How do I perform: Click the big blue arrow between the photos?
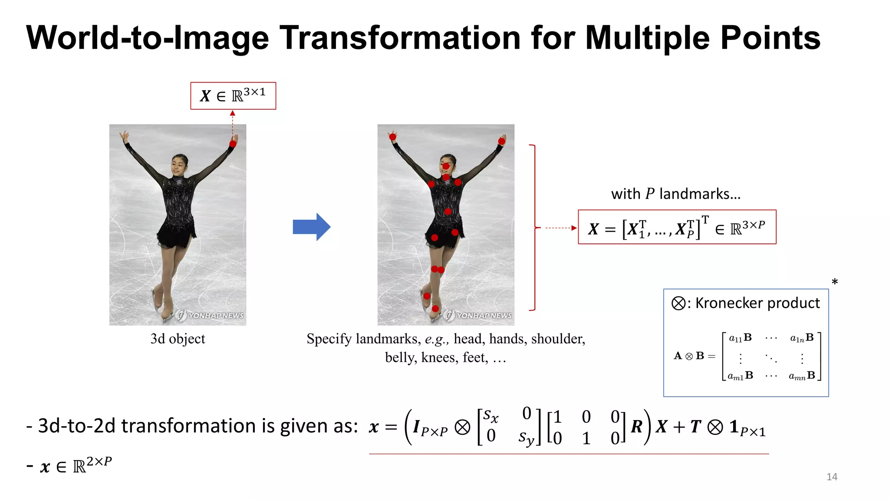click(312, 227)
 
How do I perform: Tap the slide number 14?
click(832, 477)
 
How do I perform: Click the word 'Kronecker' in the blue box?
click(729, 303)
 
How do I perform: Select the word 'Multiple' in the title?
click(649, 38)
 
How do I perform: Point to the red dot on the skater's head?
click(446, 166)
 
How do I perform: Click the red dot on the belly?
click(448, 212)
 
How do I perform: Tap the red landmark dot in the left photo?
click(233, 144)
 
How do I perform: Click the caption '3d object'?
click(178, 339)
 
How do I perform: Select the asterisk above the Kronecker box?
click(834, 282)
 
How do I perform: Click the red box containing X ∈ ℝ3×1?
click(233, 96)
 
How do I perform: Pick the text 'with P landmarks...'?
click(676, 194)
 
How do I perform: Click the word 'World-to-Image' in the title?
click(148, 38)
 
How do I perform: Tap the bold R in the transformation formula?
click(636, 427)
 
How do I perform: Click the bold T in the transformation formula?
click(695, 427)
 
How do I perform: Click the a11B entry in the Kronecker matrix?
click(740, 338)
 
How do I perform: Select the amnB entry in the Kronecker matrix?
click(802, 375)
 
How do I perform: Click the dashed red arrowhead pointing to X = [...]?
click(574, 228)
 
